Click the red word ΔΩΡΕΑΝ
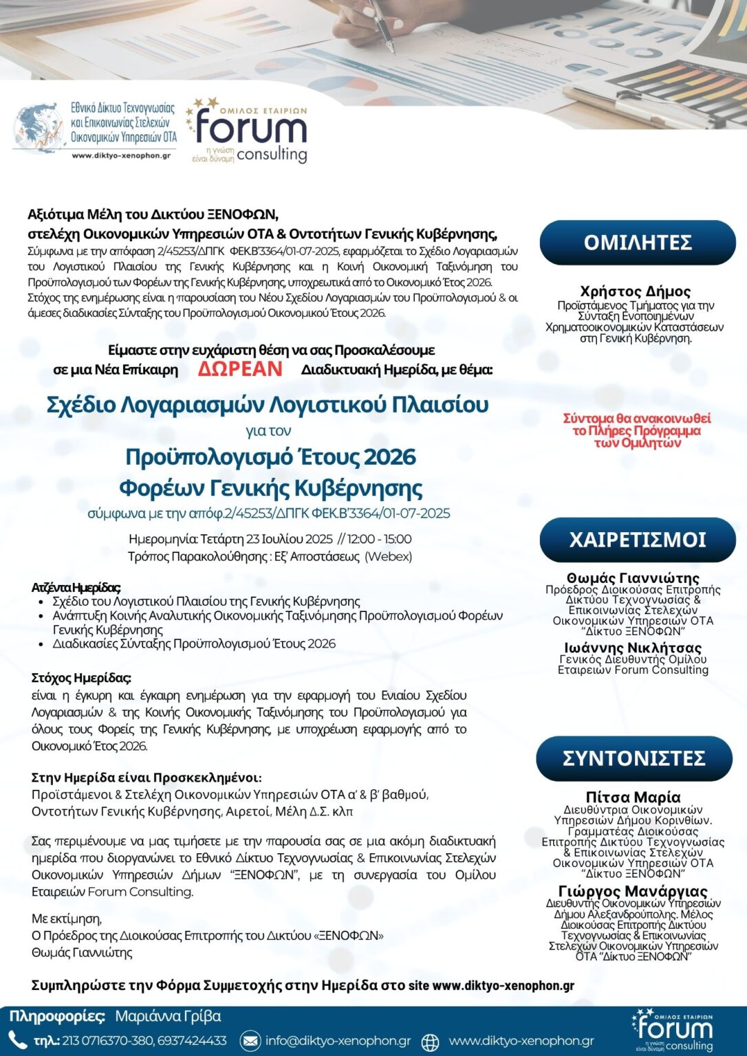240,369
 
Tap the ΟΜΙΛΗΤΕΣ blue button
638,243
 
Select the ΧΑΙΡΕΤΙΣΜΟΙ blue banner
638,540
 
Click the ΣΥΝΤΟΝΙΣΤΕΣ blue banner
634,758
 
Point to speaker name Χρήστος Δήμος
635,291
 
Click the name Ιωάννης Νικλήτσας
633,648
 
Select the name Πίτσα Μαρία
633,797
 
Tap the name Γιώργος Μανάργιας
633,892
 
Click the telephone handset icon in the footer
17,1039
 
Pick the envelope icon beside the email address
250,1041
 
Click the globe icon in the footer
430,1042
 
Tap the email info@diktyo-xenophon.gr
338,1041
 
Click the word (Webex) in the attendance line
388,556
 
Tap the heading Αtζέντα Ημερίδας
76,587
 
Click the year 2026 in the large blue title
389,457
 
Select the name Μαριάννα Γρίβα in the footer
168,1016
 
